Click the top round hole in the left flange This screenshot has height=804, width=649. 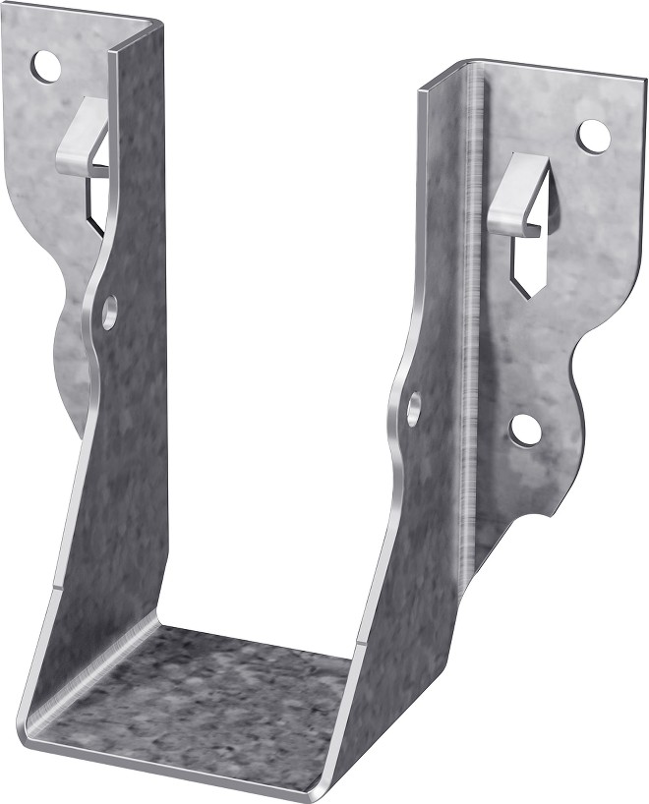pyautogui.click(x=45, y=66)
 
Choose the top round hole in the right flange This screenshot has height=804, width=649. pyautogui.click(x=592, y=136)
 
